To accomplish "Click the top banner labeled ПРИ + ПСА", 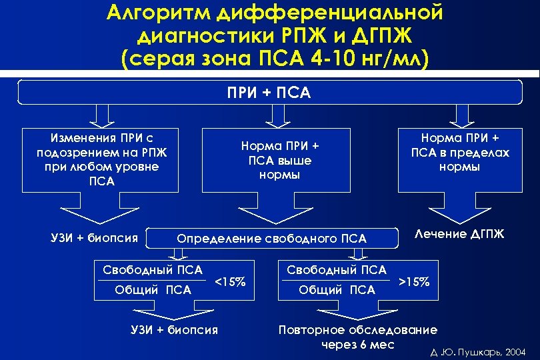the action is point(269,92).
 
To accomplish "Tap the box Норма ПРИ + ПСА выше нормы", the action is point(280,160).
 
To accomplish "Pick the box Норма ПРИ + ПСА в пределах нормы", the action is point(460,153).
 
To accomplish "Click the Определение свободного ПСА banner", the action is point(271,238).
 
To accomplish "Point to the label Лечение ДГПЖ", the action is point(459,233).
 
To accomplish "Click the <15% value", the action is point(230,281).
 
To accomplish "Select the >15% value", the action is point(413,281).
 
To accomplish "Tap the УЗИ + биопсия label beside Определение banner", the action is point(94,237).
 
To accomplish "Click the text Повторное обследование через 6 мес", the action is point(358,337).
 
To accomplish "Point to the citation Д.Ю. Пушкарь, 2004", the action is point(478,351).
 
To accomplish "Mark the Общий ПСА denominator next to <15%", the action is point(153,289).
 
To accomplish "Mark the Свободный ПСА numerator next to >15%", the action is point(337,270).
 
